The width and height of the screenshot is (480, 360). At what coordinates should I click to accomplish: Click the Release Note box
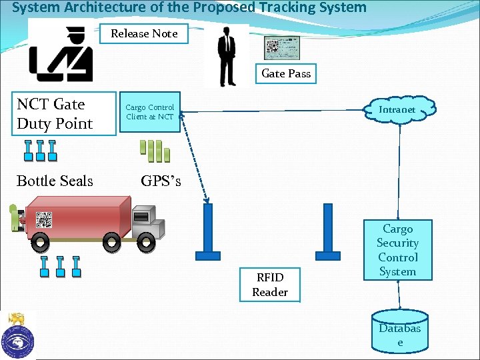[144, 33]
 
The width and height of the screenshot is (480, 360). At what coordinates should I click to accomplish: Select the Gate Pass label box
[286, 73]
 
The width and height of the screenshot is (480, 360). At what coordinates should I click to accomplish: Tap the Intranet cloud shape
[398, 109]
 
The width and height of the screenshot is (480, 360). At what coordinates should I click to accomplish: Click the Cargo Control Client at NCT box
[150, 112]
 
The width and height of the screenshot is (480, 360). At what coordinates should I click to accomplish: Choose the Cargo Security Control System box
[397, 250]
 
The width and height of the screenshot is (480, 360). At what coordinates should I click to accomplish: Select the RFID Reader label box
[270, 285]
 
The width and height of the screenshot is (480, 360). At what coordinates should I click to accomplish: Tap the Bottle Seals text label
[55, 181]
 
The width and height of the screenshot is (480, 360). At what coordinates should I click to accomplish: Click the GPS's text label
[161, 180]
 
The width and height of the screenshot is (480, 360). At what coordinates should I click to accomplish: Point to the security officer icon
[61, 53]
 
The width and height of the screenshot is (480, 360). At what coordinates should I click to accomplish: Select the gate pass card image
[286, 48]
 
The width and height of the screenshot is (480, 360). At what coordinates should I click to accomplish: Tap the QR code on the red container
[44, 219]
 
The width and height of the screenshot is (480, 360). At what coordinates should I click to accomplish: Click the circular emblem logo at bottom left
[18, 337]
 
